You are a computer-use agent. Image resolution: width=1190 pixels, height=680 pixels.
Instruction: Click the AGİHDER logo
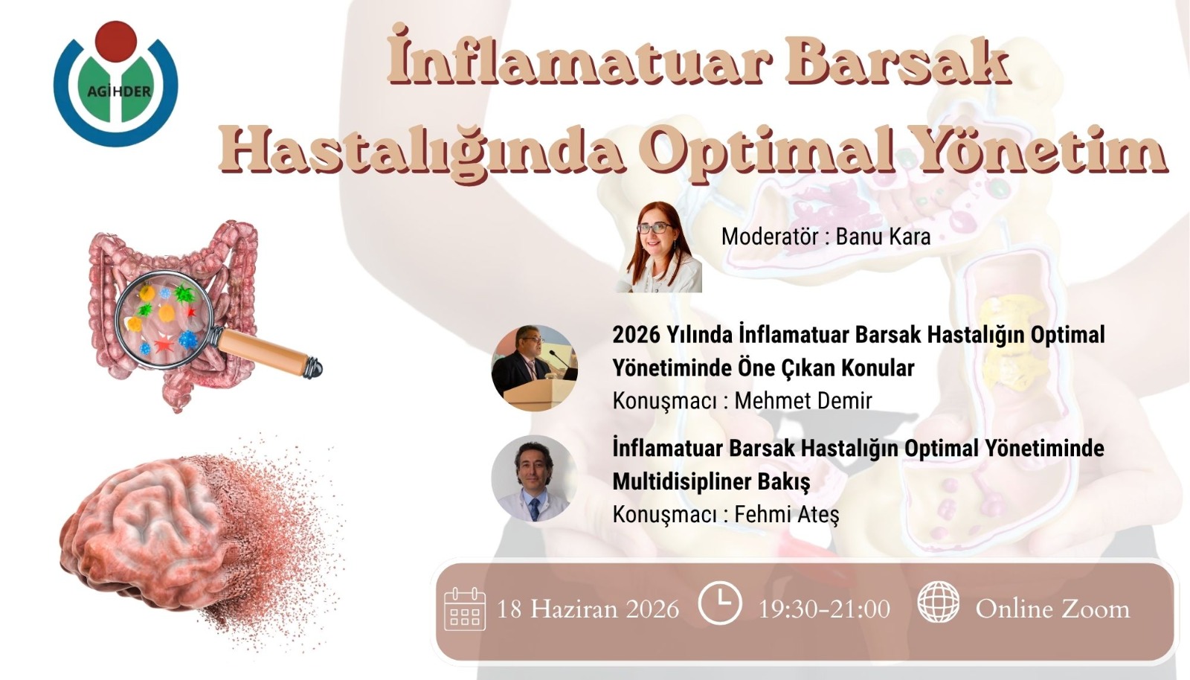tap(116, 83)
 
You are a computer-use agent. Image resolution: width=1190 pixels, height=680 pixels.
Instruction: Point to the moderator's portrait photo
tap(658, 246)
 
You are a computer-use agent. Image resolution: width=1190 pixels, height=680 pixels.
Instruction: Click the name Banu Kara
tap(883, 237)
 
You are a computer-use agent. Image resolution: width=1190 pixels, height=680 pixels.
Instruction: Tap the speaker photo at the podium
tap(534, 368)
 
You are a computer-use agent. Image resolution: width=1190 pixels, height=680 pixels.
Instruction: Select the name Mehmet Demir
tap(803, 401)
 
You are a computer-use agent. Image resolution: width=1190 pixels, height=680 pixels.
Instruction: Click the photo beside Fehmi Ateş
tap(534, 478)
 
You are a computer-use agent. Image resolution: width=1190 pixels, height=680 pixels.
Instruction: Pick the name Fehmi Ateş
tap(786, 515)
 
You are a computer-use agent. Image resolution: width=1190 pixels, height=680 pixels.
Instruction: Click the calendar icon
tap(464, 609)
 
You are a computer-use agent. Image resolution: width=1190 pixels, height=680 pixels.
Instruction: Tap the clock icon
tap(719, 603)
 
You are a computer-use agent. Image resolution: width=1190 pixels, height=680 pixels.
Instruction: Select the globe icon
tap(938, 602)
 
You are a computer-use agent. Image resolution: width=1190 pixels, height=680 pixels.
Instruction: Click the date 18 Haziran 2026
tap(588, 609)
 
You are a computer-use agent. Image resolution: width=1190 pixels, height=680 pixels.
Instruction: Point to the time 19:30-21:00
tap(824, 609)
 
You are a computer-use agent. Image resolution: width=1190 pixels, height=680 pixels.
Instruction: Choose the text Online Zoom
tap(1052, 609)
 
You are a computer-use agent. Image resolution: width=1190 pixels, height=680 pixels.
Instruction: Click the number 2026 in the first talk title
tap(636, 335)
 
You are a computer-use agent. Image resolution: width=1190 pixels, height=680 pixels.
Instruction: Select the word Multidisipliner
tap(681, 481)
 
